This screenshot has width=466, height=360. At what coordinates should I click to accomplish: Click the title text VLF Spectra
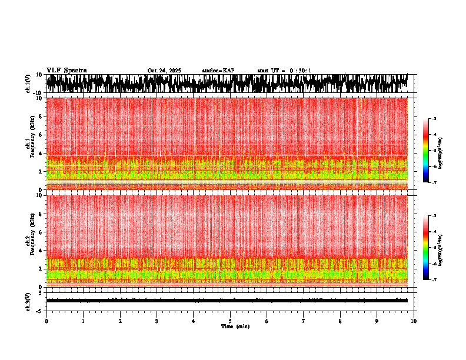66,70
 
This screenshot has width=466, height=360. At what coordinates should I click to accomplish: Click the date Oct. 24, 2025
164,71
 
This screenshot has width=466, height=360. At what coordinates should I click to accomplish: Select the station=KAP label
218,71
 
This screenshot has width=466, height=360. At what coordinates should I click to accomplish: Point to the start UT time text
284,71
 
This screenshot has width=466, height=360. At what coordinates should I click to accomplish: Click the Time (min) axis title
235,326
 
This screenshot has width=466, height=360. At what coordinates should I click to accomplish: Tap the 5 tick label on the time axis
230,321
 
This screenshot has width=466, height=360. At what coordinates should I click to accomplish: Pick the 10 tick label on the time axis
414,321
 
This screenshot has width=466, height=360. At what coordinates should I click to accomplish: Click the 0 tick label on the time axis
46,321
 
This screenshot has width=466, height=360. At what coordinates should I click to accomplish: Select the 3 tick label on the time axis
157,321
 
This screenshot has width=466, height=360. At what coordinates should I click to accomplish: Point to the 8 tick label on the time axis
340,321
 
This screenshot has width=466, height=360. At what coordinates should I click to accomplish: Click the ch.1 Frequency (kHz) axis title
29,144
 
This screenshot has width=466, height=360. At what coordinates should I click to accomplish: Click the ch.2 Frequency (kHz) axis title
29,241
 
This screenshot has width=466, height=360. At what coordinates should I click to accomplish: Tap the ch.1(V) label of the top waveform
28,84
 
